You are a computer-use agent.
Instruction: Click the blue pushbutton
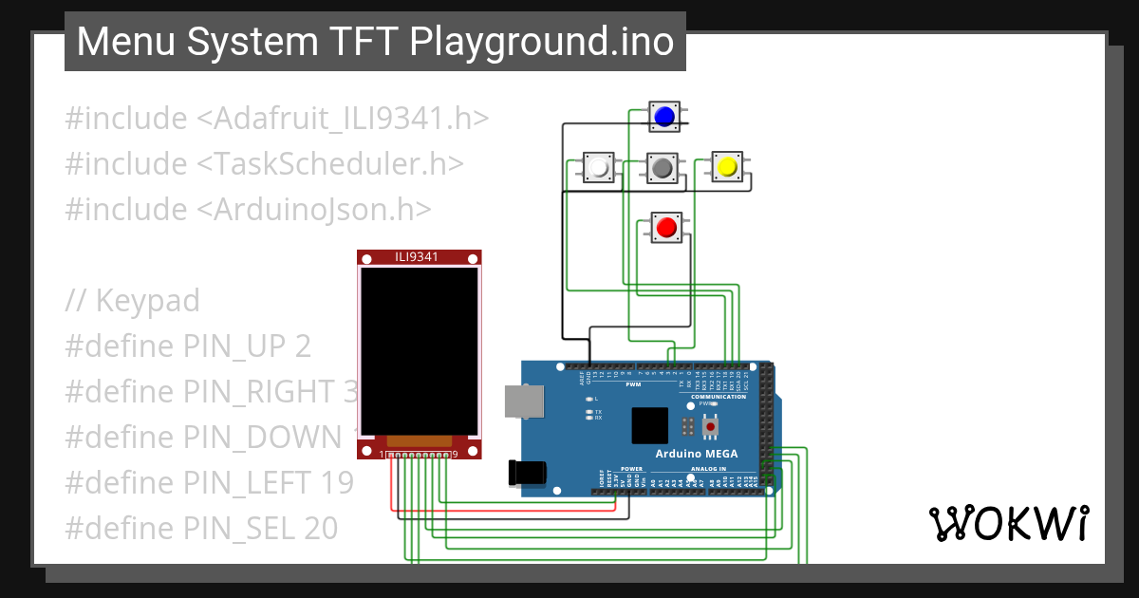[664, 116]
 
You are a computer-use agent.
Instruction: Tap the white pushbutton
[598, 168]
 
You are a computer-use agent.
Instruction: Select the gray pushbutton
[663, 168]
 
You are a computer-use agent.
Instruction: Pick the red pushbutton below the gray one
[666, 227]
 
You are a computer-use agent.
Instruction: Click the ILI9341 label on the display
[419, 256]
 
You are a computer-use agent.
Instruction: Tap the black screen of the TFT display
[419, 348]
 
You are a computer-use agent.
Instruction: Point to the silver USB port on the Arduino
[523, 401]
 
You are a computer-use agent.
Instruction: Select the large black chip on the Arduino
[650, 426]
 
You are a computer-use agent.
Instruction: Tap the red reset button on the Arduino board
[710, 428]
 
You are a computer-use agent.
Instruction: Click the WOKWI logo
[1008, 523]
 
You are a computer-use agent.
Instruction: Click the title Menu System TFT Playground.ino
[375, 42]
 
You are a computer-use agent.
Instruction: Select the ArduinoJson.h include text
[248, 209]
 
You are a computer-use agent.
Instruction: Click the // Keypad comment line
[133, 301]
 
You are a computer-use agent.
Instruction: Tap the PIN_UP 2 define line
[188, 346]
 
